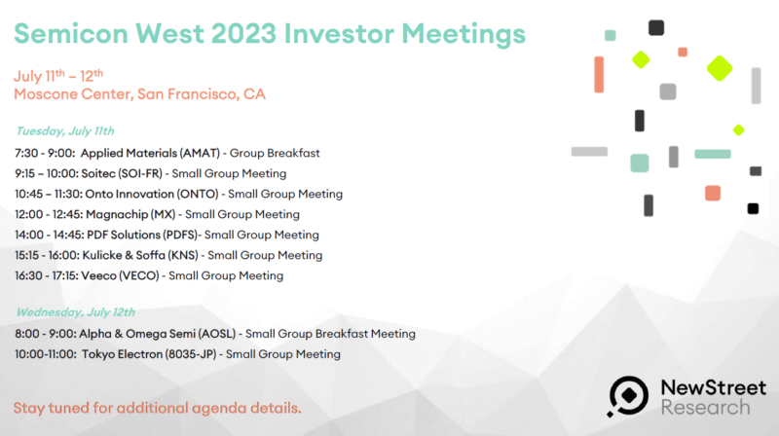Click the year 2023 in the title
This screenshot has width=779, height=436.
tap(242, 34)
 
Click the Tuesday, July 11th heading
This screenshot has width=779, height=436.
tap(65, 131)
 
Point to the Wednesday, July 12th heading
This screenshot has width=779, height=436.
tap(76, 312)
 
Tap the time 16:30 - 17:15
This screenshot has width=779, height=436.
tap(46, 275)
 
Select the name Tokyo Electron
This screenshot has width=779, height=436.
tap(123, 354)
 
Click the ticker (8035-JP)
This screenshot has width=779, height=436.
tap(191, 354)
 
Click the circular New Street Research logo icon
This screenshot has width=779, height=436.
tap(627, 396)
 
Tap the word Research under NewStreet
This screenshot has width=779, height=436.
tap(705, 408)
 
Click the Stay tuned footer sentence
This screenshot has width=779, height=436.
tap(158, 408)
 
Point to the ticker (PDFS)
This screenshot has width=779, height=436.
tap(182, 235)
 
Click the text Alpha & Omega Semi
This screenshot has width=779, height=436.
tap(136, 334)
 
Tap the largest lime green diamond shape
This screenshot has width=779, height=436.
tap(720, 68)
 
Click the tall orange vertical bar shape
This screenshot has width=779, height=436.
tap(599, 75)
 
